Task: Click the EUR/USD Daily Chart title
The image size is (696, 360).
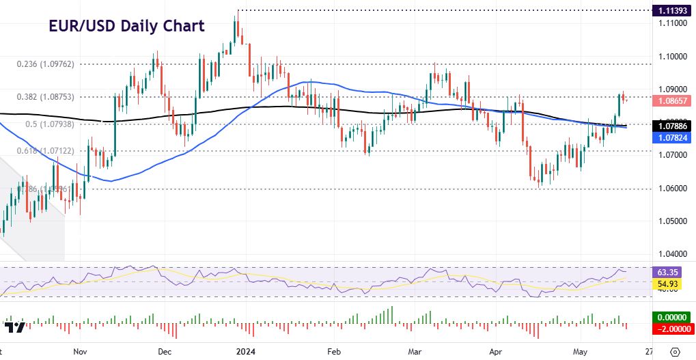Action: tap(126, 27)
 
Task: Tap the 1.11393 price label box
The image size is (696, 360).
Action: tap(673, 10)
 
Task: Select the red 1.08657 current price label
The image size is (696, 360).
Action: tap(673, 100)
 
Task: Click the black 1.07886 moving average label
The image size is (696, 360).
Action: tap(673, 126)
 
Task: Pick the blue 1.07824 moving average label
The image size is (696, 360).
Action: tap(673, 138)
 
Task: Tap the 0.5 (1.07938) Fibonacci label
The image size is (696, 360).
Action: tap(51, 124)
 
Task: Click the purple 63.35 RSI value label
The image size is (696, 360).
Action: tap(673, 271)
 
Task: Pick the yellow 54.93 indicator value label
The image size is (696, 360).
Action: tap(673, 283)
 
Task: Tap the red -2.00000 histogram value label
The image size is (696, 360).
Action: tap(673, 329)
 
